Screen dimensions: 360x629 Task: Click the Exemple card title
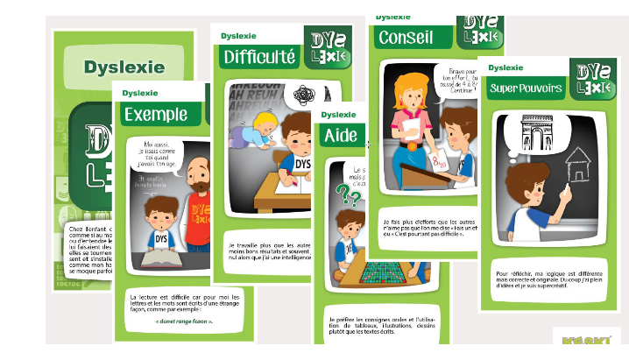tap(156, 114)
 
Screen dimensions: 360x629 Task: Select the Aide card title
tap(341, 136)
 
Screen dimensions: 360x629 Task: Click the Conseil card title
tap(407, 38)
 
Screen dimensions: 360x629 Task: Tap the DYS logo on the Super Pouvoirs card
tap(590, 77)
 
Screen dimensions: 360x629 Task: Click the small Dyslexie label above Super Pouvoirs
tap(506, 67)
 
